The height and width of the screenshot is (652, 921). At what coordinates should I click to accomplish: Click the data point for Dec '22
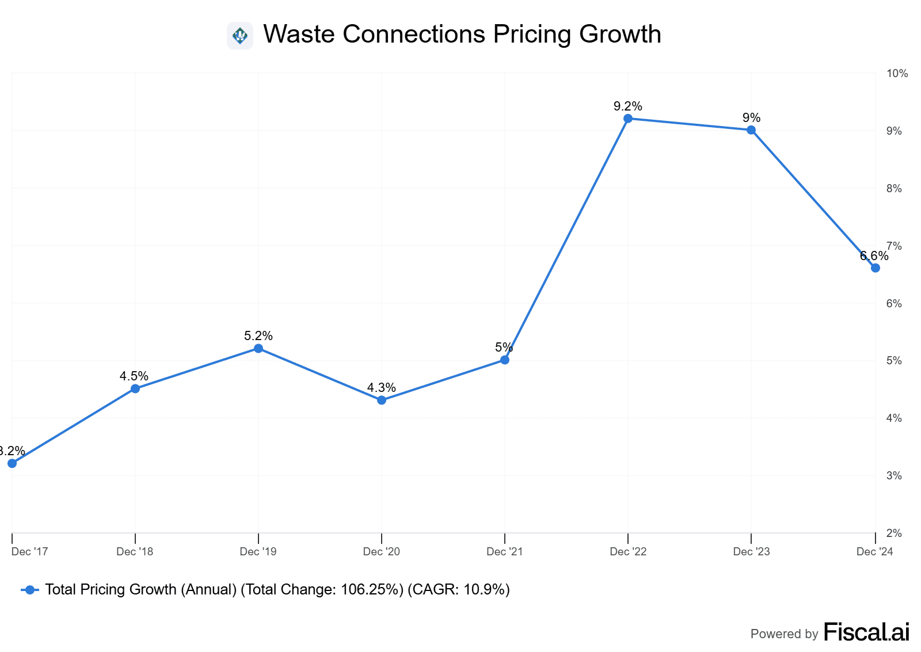click(x=628, y=119)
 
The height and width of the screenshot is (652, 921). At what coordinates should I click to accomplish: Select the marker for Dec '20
click(x=382, y=400)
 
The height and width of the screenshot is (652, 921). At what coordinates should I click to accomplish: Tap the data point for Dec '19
click(x=258, y=348)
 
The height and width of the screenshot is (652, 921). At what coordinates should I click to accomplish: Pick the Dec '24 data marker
click(x=875, y=268)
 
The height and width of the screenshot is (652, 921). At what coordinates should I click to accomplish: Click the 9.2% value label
click(x=628, y=106)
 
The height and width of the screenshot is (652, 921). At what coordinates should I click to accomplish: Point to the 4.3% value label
click(x=382, y=387)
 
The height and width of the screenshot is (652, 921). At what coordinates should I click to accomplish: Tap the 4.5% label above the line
click(x=134, y=376)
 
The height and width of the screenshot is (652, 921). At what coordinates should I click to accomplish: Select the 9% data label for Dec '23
click(x=751, y=117)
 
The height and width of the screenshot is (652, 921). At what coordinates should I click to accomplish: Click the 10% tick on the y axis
click(x=897, y=74)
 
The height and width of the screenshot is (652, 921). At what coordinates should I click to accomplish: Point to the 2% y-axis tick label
click(x=894, y=533)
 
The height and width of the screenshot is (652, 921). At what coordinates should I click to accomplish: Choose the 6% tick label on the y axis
click(x=894, y=303)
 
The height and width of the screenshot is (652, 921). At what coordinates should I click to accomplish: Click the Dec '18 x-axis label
click(x=135, y=552)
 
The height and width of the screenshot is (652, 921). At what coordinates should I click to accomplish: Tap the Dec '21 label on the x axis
click(x=505, y=552)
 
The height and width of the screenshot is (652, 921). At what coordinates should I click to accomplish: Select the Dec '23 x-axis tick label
click(x=751, y=552)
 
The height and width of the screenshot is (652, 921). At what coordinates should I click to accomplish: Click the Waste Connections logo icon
click(x=240, y=36)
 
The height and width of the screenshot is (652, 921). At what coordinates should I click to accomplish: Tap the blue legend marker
click(x=30, y=590)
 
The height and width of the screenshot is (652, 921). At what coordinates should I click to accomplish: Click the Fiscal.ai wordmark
click(x=866, y=632)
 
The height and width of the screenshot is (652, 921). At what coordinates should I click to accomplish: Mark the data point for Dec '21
click(x=505, y=360)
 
